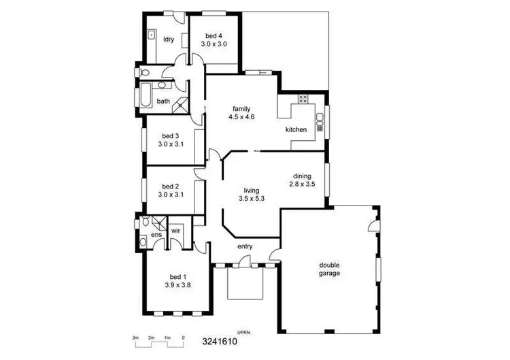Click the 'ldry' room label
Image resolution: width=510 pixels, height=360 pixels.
click(169, 39)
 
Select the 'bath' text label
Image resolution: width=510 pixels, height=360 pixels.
click(163, 101)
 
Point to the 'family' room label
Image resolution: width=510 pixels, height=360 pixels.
click(241, 109)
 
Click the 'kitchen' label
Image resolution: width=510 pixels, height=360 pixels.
click(296, 129)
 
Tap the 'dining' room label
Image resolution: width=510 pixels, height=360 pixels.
click(302, 175)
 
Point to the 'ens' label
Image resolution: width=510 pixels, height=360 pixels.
click(156, 235)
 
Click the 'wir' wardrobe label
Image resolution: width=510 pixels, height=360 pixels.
click(175, 231)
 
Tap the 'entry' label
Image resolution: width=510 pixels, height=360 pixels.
click(245, 246)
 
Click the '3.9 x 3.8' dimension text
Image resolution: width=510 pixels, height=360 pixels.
click(177, 285)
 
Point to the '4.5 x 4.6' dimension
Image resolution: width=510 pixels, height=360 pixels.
click(241, 117)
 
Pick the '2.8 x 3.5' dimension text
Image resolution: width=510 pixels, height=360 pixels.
click(302, 184)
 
